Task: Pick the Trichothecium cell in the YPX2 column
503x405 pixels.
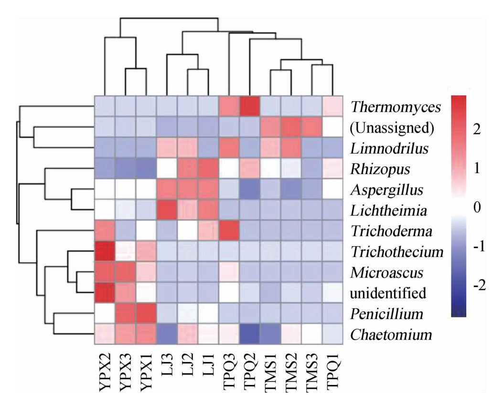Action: pyautogui.click(x=104, y=251)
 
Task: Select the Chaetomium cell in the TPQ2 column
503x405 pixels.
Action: pyautogui.click(x=249, y=333)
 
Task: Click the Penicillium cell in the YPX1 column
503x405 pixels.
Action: pyautogui.click(x=146, y=313)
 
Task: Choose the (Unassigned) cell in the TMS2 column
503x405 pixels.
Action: pyautogui.click(x=290, y=126)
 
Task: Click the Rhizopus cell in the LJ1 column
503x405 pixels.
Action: pyautogui.click(x=208, y=168)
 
